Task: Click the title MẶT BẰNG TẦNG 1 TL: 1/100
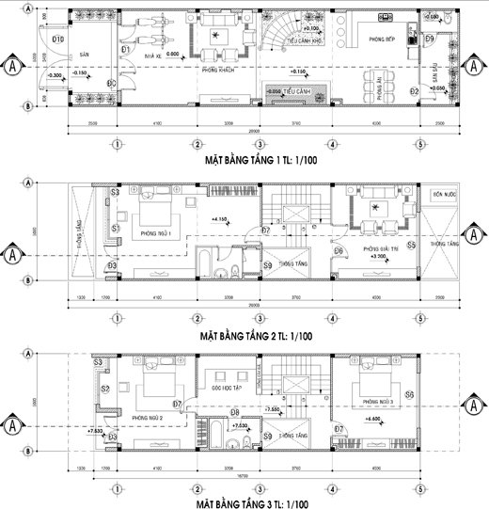[259, 162]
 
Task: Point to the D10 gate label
[57, 40]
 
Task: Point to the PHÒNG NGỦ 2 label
[149, 417]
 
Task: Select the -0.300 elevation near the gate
[55, 73]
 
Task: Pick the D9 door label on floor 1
[428, 39]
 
